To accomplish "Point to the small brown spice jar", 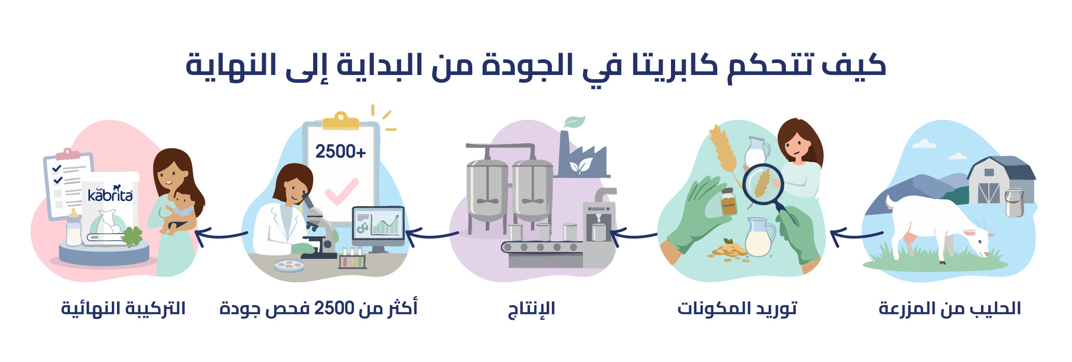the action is tap(729, 202).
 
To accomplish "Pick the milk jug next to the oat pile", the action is tap(760, 237).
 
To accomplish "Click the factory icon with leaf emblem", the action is tap(582, 154).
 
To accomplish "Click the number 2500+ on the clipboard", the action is tap(341, 152).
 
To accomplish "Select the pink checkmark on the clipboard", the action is tap(342, 192).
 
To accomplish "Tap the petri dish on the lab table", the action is tap(289, 265).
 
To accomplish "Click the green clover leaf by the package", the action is tap(133, 236).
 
